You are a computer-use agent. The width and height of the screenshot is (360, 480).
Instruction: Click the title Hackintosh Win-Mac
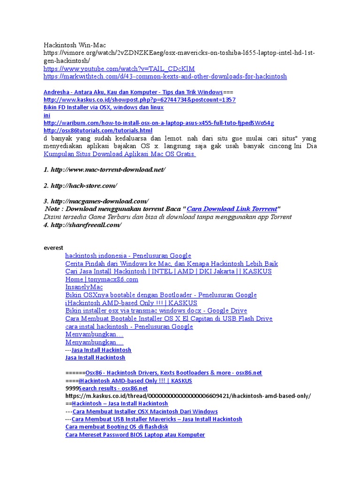75,45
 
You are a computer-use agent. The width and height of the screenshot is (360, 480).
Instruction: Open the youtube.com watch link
119,68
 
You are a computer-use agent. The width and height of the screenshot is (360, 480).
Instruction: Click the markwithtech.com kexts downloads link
165,76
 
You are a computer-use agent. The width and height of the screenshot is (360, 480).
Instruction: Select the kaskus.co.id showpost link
139,100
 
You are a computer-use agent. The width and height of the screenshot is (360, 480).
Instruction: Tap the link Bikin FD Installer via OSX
103,107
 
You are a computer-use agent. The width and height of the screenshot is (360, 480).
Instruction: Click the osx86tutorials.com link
98,130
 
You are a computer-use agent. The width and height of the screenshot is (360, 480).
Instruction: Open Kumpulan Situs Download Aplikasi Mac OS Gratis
120,154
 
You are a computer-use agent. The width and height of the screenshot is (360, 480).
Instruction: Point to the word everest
53,247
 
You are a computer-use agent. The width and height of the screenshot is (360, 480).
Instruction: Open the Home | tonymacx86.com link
102,279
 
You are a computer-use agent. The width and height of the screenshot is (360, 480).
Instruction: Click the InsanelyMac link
84,287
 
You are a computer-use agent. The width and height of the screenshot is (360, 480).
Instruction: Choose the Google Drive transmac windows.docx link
156,311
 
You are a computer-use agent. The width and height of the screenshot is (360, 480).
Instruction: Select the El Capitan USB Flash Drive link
169,319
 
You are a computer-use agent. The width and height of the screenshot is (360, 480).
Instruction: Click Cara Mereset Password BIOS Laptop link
135,435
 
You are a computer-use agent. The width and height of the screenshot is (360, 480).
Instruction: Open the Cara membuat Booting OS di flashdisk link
117,427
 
